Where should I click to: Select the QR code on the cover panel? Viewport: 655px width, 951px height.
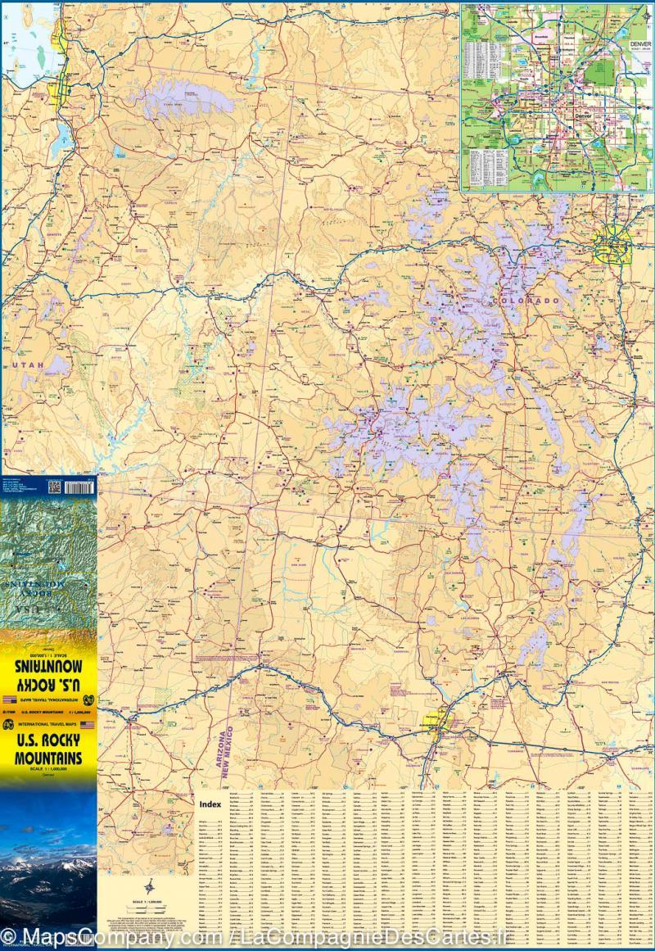[x=54, y=487]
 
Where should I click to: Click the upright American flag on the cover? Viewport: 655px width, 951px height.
[x=87, y=724]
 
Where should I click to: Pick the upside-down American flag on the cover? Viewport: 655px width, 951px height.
[x=10, y=700]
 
